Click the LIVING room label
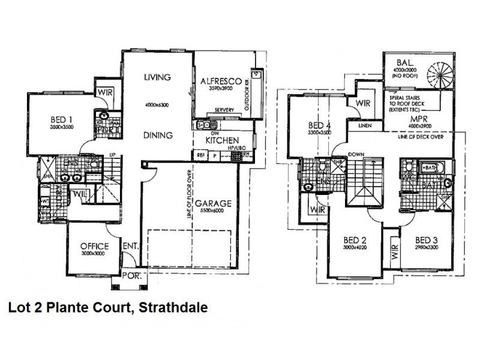click(158, 77)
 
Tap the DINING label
click(159, 136)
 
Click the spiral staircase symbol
click(441, 75)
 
